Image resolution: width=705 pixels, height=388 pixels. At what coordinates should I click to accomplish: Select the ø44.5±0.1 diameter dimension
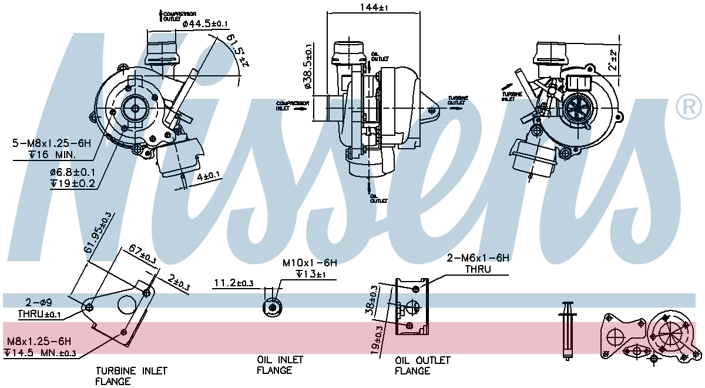coord(205,24)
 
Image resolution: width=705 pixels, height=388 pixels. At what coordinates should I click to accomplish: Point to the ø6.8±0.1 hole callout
coord(72,172)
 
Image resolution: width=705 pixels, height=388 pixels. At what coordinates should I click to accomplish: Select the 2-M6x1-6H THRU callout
coord(478,257)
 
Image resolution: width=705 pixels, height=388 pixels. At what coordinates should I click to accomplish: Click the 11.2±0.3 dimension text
coord(233,283)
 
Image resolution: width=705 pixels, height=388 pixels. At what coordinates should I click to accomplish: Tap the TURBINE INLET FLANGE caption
coord(132,376)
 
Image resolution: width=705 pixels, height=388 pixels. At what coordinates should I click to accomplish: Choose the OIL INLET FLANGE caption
coord(280,364)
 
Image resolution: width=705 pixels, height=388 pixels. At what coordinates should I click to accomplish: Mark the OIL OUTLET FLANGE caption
coord(422,365)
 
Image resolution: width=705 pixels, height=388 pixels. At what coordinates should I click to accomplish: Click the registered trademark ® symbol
coord(689,106)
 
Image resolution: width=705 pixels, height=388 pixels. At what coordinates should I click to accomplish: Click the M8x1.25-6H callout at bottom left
coord(39,341)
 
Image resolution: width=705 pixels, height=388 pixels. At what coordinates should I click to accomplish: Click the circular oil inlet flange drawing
coord(272,306)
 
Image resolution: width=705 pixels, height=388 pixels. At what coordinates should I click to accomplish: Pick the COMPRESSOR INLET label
coord(292,105)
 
